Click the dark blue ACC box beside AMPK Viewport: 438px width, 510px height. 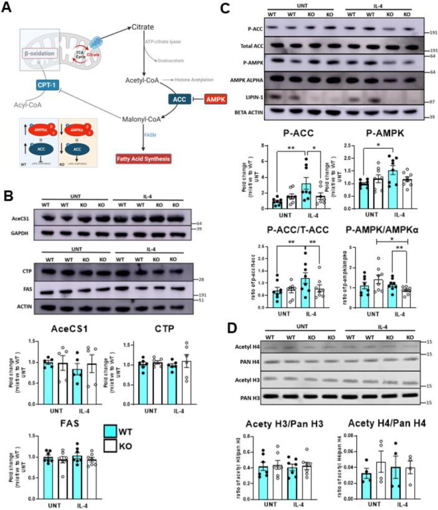165,98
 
